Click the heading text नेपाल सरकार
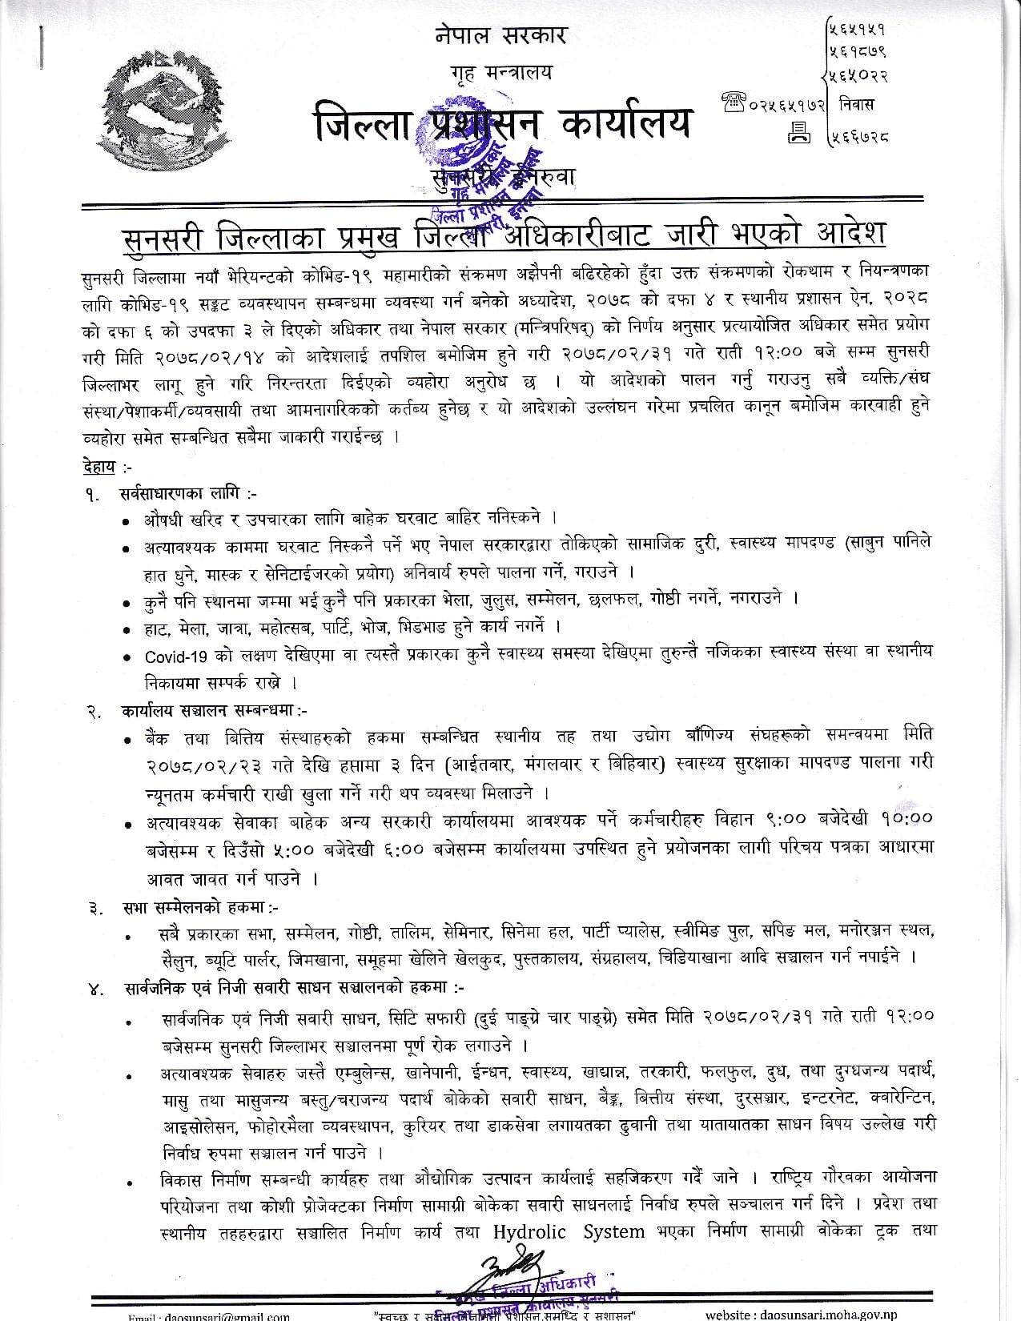501,36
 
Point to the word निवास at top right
858,104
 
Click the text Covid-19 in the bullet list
177,656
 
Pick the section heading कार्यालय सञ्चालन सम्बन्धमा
215,709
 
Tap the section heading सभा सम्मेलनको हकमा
200,907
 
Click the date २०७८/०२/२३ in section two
212,765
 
